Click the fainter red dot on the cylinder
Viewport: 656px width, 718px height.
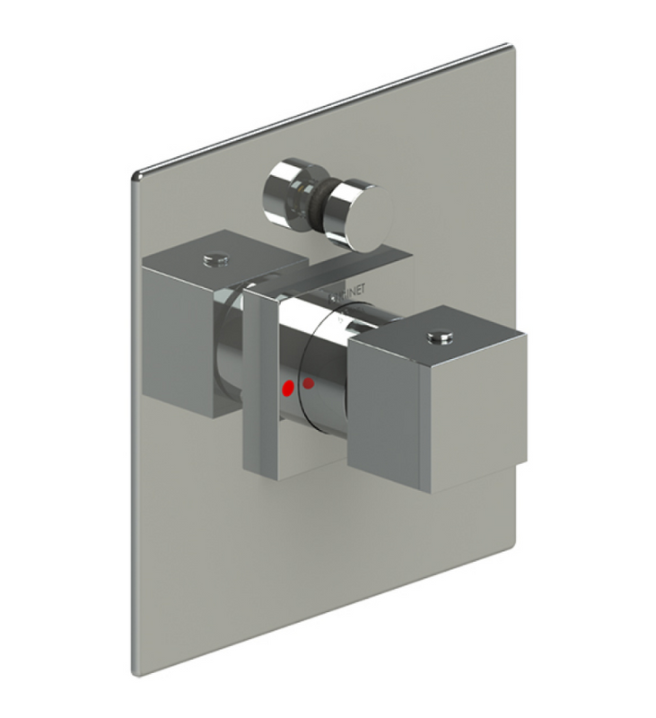309,384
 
